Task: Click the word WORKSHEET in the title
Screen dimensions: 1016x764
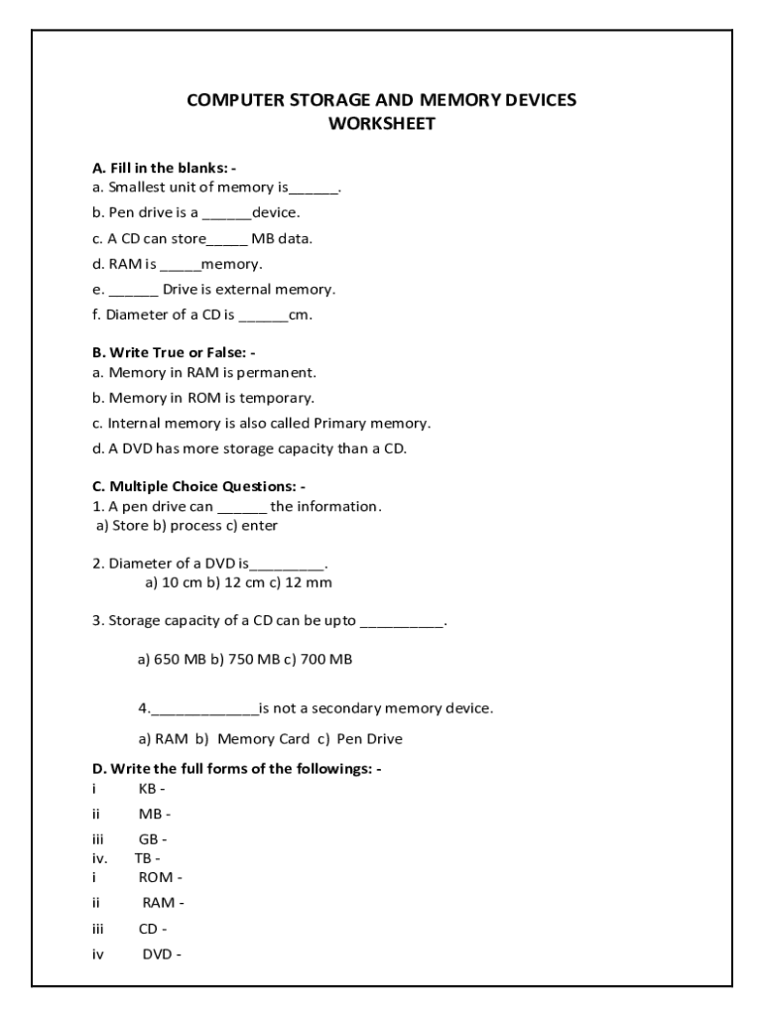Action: tap(381, 124)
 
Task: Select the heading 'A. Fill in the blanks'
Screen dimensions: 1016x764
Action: tap(164, 168)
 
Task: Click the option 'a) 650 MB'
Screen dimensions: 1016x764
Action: tap(171, 658)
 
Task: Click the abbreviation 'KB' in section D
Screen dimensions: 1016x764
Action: tap(148, 788)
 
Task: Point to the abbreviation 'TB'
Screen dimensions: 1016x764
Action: tap(143, 858)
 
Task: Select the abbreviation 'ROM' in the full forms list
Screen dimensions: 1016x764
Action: tap(156, 877)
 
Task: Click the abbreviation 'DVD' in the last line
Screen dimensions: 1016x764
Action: tap(158, 954)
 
